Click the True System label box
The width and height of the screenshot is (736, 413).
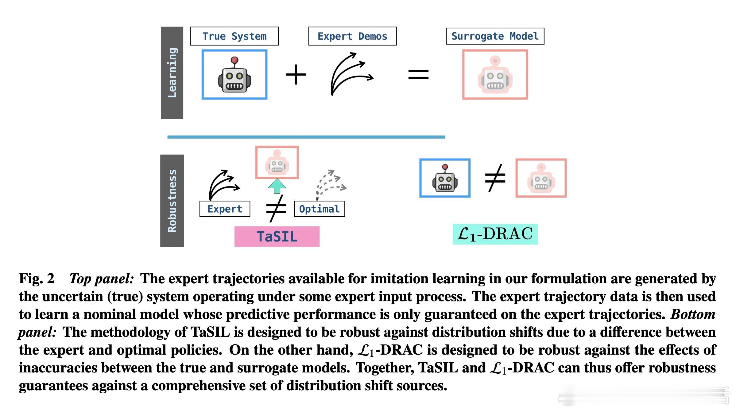[234, 36]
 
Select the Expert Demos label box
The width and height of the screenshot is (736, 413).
[352, 36]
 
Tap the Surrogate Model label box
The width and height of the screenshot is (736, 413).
[495, 36]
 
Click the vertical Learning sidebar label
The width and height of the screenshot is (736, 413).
[172, 73]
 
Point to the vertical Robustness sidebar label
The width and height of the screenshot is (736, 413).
[172, 201]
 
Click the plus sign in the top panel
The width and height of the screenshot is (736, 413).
[296, 74]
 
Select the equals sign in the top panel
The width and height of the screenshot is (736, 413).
[418, 74]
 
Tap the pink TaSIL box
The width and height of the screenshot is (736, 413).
[277, 237]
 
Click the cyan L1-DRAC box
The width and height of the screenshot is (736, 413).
[495, 234]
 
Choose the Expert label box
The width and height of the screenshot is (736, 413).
[225, 209]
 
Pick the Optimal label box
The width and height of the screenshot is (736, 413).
[319, 209]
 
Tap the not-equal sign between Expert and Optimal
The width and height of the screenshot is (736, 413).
[276, 208]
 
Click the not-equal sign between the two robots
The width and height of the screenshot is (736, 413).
[495, 178]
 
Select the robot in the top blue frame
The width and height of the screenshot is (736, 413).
[234, 75]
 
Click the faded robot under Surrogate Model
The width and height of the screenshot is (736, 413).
[495, 75]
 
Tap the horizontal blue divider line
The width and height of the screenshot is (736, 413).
[306, 137]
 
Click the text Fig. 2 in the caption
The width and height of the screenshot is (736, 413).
[37, 279]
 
